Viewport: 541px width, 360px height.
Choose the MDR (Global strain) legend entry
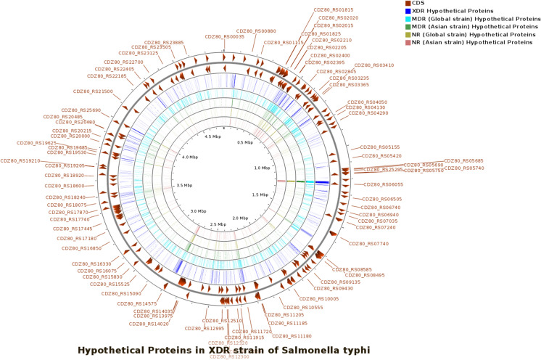463,23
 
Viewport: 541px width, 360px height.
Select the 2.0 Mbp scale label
240,217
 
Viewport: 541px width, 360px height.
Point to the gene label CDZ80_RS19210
20,160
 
